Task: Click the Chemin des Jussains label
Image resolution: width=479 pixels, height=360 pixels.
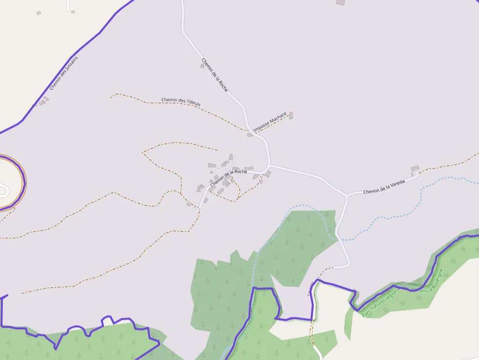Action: click(x=64, y=73)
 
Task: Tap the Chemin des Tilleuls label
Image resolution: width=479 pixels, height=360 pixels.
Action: click(x=181, y=102)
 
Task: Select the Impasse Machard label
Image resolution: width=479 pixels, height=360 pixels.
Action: click(x=269, y=122)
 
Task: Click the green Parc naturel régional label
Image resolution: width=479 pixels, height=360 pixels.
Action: click(x=402, y=292)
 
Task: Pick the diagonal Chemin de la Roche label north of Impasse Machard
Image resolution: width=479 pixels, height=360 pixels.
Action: click(x=215, y=75)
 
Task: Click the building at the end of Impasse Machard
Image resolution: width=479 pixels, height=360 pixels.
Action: click(x=291, y=116)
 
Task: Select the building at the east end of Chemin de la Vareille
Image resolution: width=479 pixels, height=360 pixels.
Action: click(x=415, y=169)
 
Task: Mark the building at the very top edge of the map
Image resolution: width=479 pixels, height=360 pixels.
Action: click(x=341, y=2)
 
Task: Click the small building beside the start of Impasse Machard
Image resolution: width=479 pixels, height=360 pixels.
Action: click(x=250, y=134)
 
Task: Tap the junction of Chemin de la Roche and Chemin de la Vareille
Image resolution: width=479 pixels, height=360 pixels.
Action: click(x=270, y=166)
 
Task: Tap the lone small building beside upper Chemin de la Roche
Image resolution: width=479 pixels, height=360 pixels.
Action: click(x=202, y=66)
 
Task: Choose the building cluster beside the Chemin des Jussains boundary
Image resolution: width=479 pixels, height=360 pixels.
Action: click(x=44, y=101)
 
